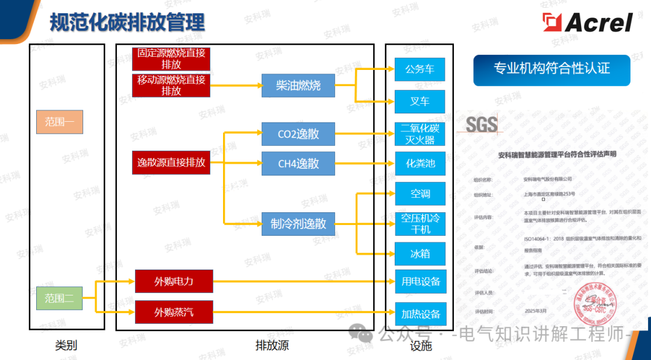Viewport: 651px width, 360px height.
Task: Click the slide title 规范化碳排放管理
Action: pos(127,23)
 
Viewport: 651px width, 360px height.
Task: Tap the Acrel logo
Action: pos(587,23)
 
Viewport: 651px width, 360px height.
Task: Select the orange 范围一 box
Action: pos(59,122)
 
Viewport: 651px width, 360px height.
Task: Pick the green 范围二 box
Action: pos(59,298)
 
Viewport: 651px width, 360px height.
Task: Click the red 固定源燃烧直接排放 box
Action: pos(171,59)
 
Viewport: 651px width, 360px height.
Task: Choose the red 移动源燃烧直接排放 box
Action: pos(171,86)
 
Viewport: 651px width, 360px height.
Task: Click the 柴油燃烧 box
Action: pos(298,86)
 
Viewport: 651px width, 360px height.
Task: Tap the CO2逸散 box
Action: pos(298,134)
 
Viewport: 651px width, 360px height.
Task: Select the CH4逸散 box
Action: pos(298,163)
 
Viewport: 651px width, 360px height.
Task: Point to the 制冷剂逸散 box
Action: pos(298,224)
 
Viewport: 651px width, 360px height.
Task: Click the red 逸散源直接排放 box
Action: pos(171,163)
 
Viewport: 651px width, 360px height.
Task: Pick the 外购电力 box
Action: pos(174,282)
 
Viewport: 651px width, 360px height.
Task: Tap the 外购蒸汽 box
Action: pos(174,312)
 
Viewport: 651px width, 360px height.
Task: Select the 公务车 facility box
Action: pos(420,69)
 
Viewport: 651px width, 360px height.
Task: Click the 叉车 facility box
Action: pos(420,101)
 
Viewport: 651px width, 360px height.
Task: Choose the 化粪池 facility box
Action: pos(420,163)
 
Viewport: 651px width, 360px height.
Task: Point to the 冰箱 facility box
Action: pos(420,254)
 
